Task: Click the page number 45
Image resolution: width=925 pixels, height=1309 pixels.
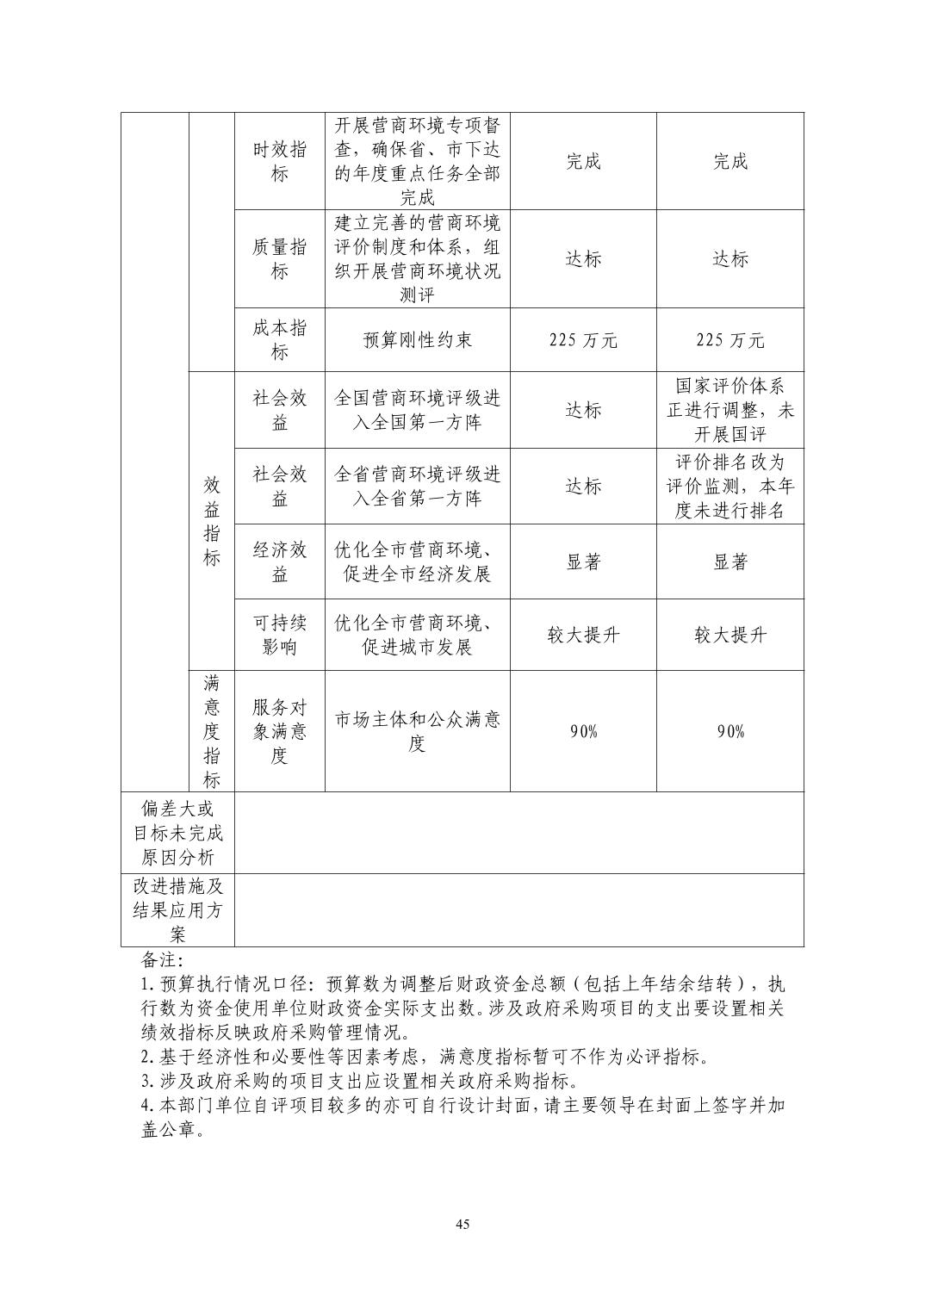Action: (x=462, y=1225)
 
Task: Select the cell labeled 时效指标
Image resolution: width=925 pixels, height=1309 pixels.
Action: (x=279, y=161)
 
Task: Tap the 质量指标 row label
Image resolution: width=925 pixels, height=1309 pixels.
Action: (x=279, y=259)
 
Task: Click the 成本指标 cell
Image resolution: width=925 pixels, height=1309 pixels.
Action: (x=279, y=340)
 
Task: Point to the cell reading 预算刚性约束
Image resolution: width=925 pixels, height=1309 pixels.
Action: (x=417, y=340)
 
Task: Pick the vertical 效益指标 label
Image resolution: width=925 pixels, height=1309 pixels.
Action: (x=211, y=521)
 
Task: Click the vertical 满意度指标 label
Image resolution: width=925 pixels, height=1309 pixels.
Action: (x=211, y=731)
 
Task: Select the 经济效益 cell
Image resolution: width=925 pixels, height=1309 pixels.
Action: (x=279, y=561)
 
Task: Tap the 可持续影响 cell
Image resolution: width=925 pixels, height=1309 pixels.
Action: (x=279, y=635)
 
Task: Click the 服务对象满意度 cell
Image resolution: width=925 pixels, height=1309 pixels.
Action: (x=279, y=731)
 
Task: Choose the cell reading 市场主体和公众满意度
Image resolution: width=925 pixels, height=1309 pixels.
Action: (x=417, y=731)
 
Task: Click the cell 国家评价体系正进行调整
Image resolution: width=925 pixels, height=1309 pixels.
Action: (x=729, y=410)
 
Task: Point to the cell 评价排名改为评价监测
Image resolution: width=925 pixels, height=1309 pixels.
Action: (x=729, y=486)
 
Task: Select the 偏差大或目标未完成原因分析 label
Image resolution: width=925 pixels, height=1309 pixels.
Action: (x=177, y=833)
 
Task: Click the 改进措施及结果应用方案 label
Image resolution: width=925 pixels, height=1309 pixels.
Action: (x=177, y=910)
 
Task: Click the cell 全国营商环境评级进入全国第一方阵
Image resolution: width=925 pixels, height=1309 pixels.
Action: (x=417, y=410)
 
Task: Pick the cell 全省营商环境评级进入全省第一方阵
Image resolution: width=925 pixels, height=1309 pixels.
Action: (x=417, y=486)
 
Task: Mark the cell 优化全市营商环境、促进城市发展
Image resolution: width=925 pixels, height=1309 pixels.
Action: (x=417, y=635)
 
